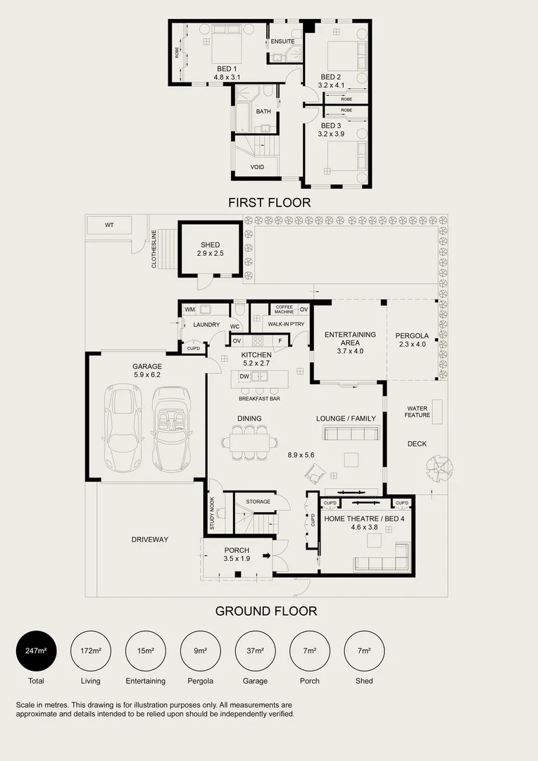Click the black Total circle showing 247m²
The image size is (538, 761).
pos(37,651)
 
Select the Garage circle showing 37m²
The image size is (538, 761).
pos(255,651)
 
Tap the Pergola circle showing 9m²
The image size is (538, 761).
pos(201,651)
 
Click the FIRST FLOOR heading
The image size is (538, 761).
pos(269,202)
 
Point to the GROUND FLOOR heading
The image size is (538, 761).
pos(266,611)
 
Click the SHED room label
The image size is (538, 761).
pos(210,245)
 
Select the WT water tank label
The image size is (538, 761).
pos(109,225)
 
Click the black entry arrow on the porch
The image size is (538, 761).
pos(266,556)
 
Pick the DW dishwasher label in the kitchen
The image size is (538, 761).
pos(244,376)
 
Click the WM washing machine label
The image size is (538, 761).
pos(189,309)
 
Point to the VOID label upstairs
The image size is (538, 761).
pos(257,167)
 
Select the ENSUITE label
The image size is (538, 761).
pos(283,42)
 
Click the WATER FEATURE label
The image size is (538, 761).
pos(417,412)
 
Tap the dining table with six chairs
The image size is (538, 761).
pos(250,442)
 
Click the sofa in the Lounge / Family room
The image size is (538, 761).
pos(351,433)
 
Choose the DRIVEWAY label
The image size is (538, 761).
pos(150,540)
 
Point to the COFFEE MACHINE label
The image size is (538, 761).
pos(284,309)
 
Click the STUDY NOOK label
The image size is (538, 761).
pos(212,513)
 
